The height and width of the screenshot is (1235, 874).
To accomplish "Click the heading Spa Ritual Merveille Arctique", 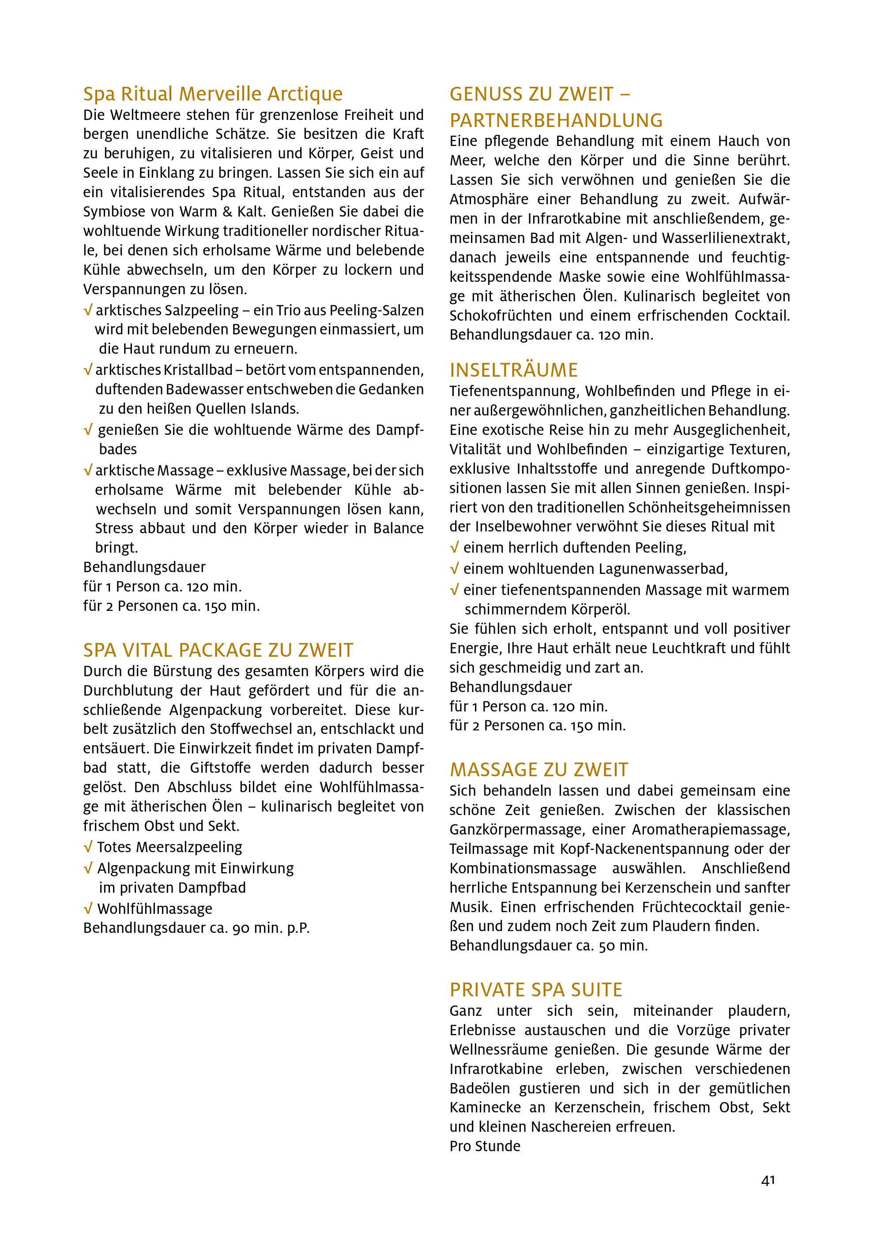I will point(213,94).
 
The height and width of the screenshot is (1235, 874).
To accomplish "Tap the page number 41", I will point(768,1180).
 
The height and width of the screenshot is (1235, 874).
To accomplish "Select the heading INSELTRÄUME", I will point(513,370).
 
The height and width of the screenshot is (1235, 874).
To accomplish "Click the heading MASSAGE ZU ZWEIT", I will point(539,770).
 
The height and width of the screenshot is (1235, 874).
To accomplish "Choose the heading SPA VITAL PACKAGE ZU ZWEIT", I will point(218,650).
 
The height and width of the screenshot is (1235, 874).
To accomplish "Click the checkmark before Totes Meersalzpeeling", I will point(88,848).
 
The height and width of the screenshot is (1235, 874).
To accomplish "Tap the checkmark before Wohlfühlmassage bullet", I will point(88,909).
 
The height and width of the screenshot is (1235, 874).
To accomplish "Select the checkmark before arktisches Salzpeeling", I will point(88,311).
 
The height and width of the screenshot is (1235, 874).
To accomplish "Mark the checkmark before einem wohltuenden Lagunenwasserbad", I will point(455,569).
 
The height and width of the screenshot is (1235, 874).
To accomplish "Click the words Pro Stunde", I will point(485,1146).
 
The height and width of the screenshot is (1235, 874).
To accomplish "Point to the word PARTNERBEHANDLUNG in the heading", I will point(556,120).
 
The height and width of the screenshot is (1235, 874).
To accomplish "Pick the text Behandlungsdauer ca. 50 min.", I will point(548,946).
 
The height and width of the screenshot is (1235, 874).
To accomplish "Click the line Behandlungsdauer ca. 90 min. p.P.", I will point(196,928).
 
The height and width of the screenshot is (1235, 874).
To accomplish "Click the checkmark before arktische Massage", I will point(88,471).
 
